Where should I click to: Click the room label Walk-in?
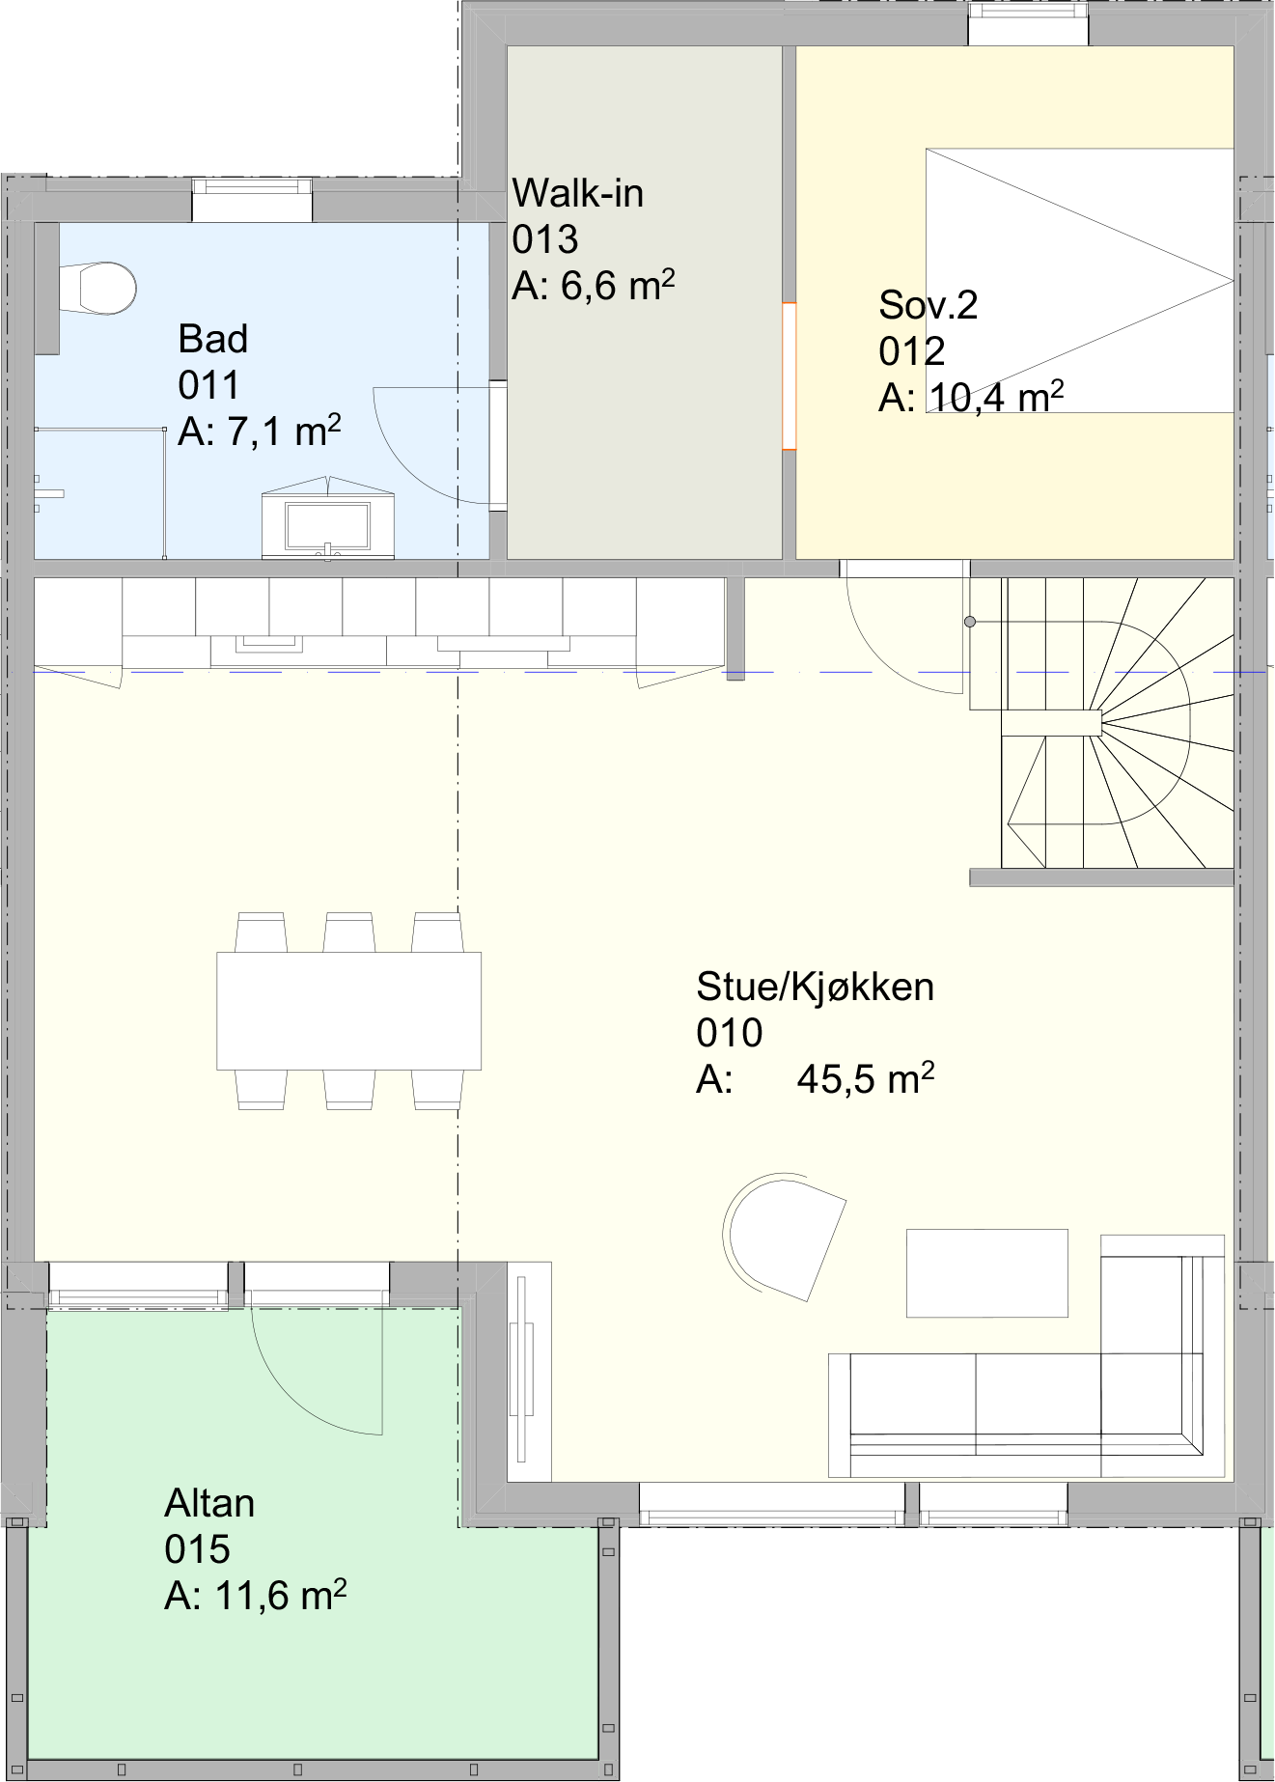click(x=577, y=193)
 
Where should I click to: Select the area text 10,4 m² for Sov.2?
click(x=996, y=397)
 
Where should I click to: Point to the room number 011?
click(x=208, y=385)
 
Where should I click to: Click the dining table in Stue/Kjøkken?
click(x=348, y=1011)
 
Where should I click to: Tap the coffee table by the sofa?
click(x=986, y=1272)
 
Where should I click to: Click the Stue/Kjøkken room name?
click(x=815, y=987)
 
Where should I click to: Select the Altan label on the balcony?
click(x=209, y=1503)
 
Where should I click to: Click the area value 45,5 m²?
click(x=865, y=1078)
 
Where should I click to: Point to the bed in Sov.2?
click(x=1079, y=280)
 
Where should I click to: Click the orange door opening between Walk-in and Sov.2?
click(x=789, y=376)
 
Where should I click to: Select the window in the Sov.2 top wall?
click(x=1029, y=23)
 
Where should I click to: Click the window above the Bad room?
click(x=252, y=200)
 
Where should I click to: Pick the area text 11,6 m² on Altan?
click(x=279, y=1596)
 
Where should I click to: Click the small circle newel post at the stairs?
click(x=970, y=622)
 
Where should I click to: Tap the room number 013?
click(x=544, y=239)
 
